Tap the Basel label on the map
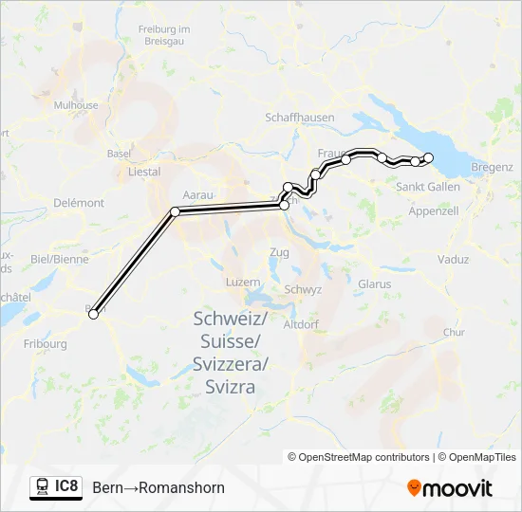119,153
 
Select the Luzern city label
242,283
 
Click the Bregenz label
492,167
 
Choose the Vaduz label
453,259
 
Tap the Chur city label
454,333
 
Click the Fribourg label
46,344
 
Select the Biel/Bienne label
60,259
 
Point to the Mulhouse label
76,105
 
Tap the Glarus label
375,283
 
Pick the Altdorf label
301,323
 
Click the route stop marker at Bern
94,315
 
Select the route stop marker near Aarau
175,210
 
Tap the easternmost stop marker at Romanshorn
428,157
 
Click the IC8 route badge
56,486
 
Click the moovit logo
450,488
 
